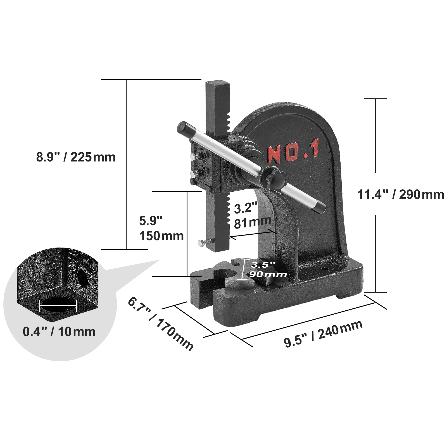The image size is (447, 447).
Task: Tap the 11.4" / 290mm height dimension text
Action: pyautogui.click(x=400, y=194)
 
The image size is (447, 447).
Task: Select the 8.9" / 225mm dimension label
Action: pyautogui.click(x=76, y=157)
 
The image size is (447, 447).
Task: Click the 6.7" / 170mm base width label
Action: pyautogui.click(x=161, y=324)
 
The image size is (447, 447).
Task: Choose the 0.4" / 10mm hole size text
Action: pyautogui.click(x=59, y=332)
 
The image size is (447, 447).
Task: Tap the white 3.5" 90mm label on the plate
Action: pyautogui.click(x=264, y=269)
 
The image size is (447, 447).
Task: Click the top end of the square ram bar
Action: pyautogui.click(x=218, y=85)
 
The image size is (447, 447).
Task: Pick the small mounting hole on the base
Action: pyautogui.click(x=325, y=270)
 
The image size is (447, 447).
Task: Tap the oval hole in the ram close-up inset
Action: pyautogui.click(x=58, y=305)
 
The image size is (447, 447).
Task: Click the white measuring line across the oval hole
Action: pyautogui.click(x=58, y=306)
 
